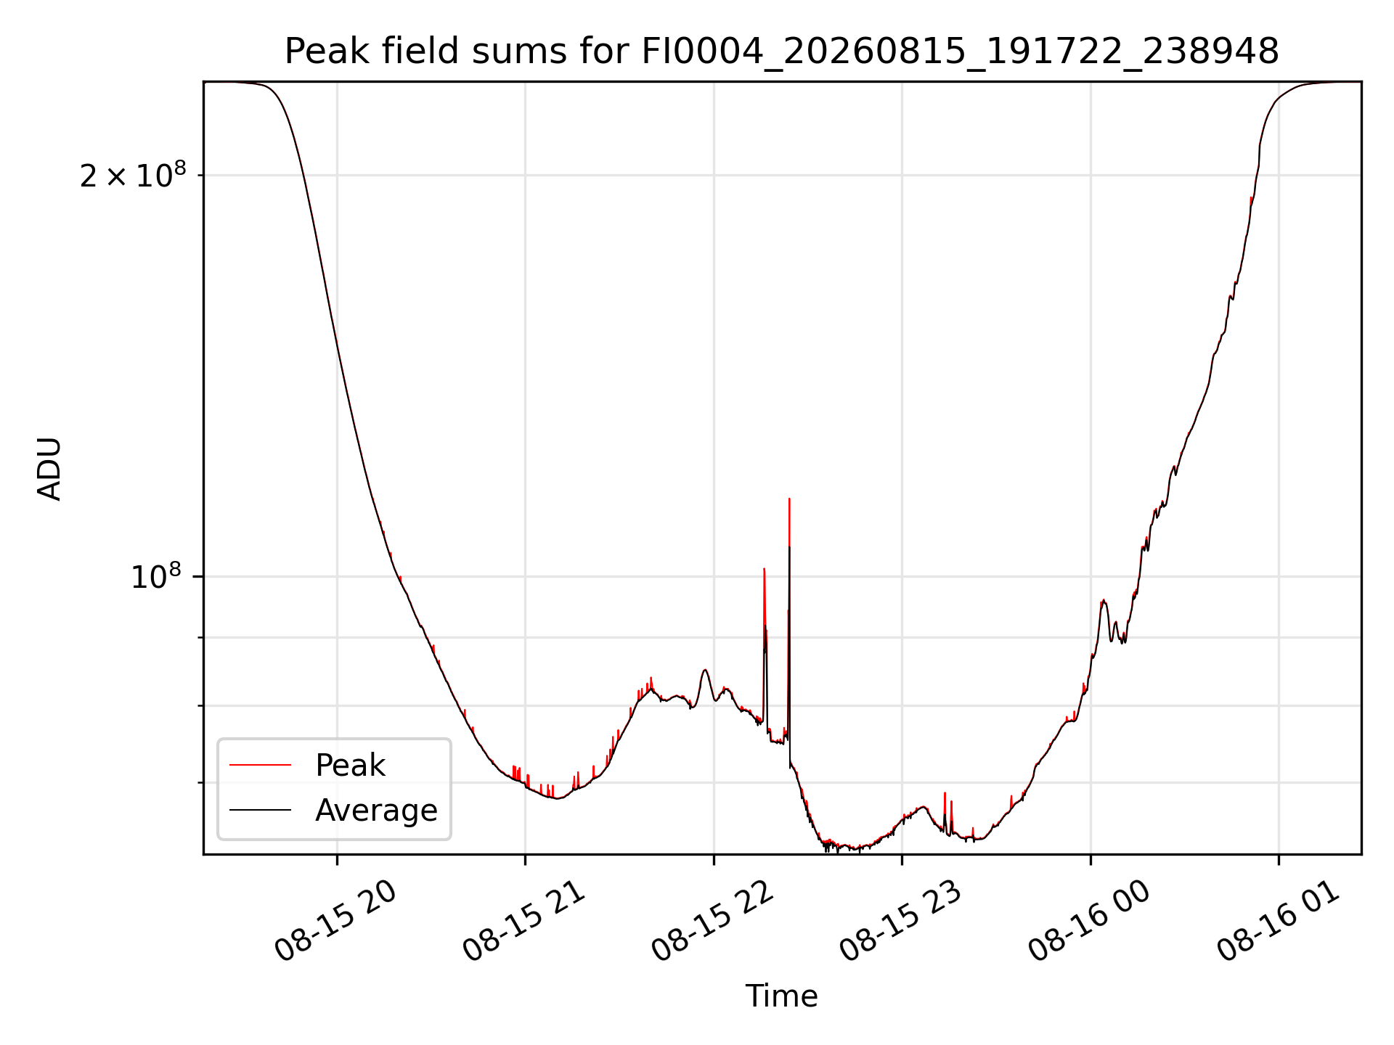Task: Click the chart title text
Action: pyautogui.click(x=781, y=52)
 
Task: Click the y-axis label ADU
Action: pyautogui.click(x=49, y=469)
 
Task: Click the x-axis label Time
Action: pyautogui.click(x=781, y=996)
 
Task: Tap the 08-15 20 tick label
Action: pyautogui.click(x=335, y=922)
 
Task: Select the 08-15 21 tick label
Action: pyautogui.click(x=523, y=922)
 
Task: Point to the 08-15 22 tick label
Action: pyautogui.click(x=712, y=922)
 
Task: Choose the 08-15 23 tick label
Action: pyautogui.click(x=900, y=922)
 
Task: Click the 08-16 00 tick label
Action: pyautogui.click(x=1089, y=922)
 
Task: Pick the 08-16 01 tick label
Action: pyautogui.click(x=1277, y=922)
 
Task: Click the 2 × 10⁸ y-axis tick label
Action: pyautogui.click(x=133, y=175)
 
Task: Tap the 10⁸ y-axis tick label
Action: pyautogui.click(x=156, y=577)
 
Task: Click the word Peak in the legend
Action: pyautogui.click(x=350, y=766)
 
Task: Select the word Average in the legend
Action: pyautogui.click(x=376, y=811)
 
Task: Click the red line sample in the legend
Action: pyautogui.click(x=260, y=765)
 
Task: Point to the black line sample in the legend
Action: pyautogui.click(x=260, y=810)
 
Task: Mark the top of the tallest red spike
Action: pyautogui.click(x=789, y=499)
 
